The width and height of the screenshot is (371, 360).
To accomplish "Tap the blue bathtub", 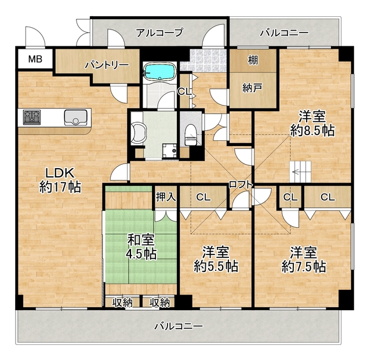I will click(x=159, y=72).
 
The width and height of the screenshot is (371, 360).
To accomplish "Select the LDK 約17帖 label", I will click(x=60, y=180).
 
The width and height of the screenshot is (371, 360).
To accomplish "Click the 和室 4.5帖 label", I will click(x=141, y=246).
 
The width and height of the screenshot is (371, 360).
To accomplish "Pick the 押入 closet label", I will click(x=166, y=197).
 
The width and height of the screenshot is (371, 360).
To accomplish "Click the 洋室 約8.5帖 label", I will click(x=312, y=122).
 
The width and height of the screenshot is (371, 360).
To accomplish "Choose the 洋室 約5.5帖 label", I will click(x=215, y=259).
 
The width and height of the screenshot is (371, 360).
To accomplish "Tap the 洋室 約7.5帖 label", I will click(x=303, y=259).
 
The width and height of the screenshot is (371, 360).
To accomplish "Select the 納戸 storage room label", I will click(x=253, y=89).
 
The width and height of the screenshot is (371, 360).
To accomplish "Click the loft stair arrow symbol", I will click(x=300, y=172).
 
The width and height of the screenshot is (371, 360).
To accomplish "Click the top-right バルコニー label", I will click(x=284, y=32).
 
